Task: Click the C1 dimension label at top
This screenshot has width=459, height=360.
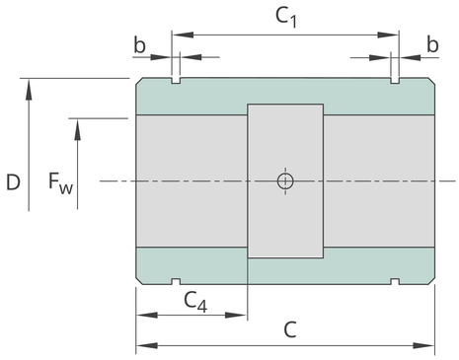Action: click(286, 17)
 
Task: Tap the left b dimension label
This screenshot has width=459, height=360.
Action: click(139, 44)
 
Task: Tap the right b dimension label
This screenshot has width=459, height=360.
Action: click(432, 44)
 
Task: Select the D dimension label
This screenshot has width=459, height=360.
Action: click(13, 182)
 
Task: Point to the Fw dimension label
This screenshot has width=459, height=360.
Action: click(60, 183)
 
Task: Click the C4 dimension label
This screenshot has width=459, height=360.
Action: click(195, 301)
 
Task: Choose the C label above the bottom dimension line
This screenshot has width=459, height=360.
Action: click(290, 329)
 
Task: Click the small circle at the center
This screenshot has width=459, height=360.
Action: click(285, 180)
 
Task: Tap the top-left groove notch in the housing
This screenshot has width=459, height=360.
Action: click(176, 81)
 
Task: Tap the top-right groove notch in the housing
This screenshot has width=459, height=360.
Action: click(395, 81)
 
